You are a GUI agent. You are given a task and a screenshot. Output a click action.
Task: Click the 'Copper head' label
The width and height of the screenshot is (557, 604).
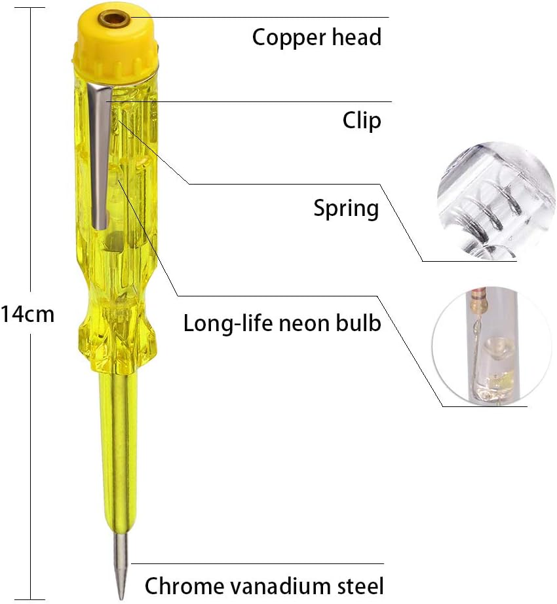click(x=317, y=38)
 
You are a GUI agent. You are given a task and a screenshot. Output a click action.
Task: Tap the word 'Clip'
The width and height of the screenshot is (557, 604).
click(x=362, y=120)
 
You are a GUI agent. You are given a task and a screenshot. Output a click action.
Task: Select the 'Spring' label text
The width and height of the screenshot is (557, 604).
click(x=346, y=209)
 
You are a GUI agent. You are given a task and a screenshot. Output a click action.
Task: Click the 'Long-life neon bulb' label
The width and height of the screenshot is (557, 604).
click(x=282, y=323)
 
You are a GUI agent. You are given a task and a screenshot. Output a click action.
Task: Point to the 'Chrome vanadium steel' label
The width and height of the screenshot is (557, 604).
click(x=264, y=586)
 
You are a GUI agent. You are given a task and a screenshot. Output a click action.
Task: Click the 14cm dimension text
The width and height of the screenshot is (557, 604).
click(x=28, y=314)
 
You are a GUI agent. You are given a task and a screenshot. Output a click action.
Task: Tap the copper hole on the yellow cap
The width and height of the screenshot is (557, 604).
click(x=114, y=18)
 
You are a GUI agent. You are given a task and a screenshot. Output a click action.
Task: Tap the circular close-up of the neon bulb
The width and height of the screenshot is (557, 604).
click(x=493, y=347)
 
